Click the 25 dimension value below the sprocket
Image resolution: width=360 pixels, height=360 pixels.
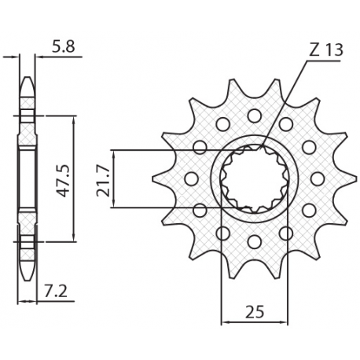click(254, 312)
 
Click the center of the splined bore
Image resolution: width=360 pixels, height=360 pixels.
click(254, 179)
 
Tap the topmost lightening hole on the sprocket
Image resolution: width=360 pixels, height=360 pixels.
click(254, 116)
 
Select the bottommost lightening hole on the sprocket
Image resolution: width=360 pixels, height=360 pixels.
click(254, 242)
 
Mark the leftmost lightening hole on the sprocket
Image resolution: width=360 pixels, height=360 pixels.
click(191, 179)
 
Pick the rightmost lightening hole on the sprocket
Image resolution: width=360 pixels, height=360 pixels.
click(317, 179)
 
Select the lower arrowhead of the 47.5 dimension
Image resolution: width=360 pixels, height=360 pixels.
click(74, 237)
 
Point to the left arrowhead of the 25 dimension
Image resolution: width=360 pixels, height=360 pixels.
click(225, 321)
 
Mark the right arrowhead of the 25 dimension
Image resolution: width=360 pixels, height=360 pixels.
click(284, 321)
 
